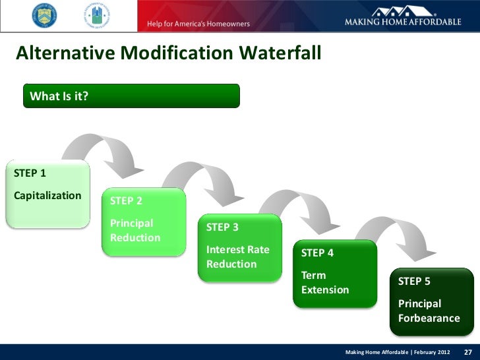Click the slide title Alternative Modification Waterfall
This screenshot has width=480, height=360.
click(x=168, y=52)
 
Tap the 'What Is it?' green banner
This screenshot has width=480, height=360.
click(x=132, y=96)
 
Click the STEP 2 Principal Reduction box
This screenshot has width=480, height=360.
click(x=143, y=221)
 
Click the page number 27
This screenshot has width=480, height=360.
click(x=468, y=351)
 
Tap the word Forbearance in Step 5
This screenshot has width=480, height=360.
click(x=429, y=318)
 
